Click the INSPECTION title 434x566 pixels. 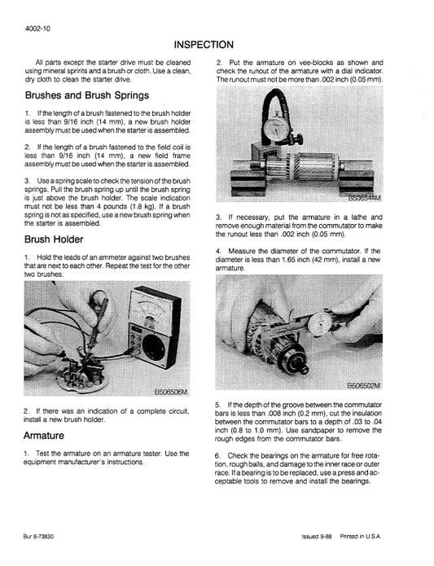(x=204, y=44)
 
